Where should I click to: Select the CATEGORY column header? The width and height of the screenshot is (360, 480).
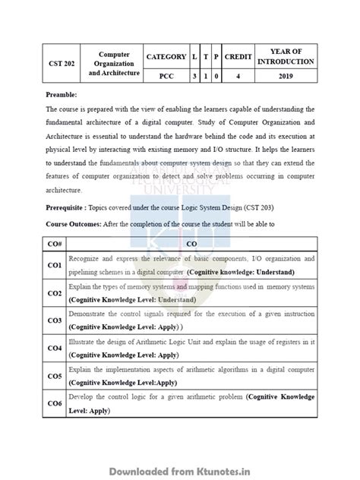(166, 57)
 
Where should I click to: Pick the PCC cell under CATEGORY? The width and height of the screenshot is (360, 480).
(166, 76)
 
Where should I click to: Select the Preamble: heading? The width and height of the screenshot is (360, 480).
(62, 96)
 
